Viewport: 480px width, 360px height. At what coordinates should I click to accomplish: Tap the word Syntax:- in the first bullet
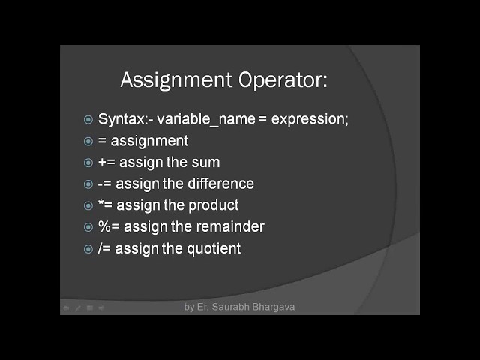124,119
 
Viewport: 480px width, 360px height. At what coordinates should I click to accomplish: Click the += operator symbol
106,162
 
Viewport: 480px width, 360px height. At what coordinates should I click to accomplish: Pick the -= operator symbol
104,184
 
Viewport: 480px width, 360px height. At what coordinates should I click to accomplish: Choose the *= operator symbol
105,205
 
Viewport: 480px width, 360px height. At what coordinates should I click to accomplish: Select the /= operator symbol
104,248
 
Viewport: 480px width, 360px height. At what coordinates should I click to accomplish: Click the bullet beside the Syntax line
88,120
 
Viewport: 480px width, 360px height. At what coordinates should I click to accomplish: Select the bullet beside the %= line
88,227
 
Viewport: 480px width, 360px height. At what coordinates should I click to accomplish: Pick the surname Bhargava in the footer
276,307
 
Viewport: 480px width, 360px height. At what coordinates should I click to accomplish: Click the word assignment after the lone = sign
149,141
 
